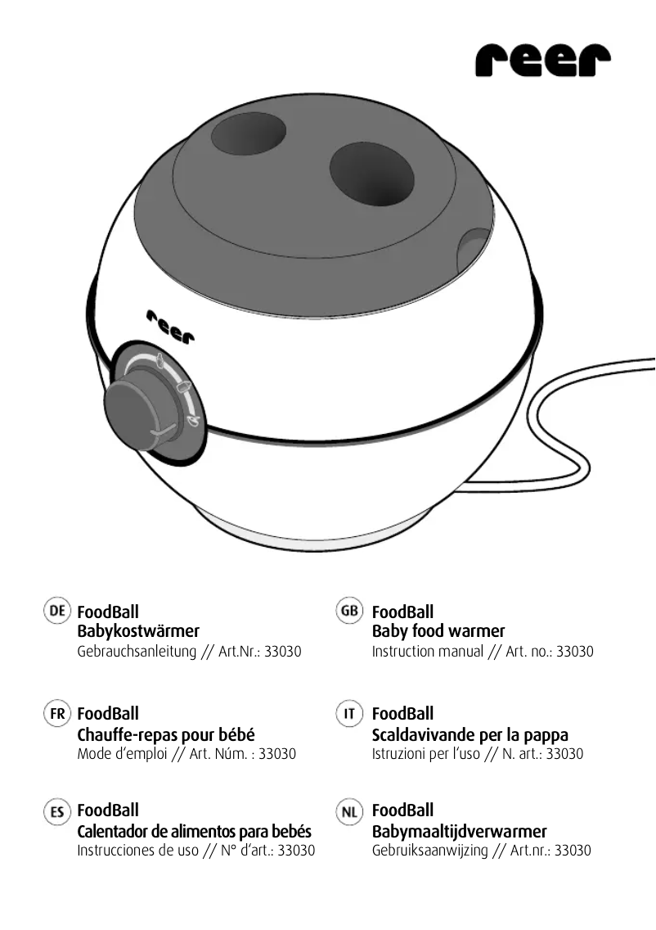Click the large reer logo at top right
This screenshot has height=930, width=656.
(x=542, y=61)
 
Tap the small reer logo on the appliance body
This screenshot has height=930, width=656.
(x=171, y=327)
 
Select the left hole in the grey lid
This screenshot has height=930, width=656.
(x=249, y=133)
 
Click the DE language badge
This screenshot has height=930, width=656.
(x=57, y=611)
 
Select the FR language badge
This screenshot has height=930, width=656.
(x=57, y=713)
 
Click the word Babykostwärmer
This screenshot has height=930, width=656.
(x=137, y=631)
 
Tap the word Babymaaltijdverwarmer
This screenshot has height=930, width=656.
(x=459, y=832)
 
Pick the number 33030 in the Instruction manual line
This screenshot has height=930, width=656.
(x=575, y=652)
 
